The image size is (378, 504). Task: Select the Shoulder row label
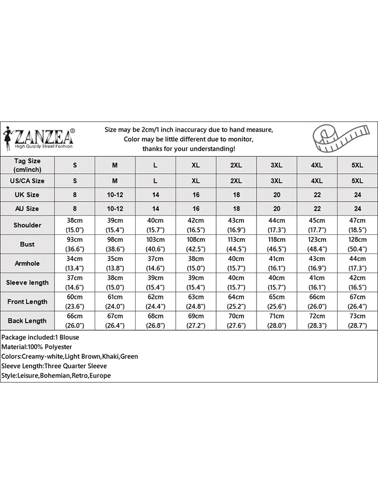coord(27,225)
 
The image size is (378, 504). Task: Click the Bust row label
coord(27,244)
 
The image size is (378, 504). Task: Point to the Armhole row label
coord(27,264)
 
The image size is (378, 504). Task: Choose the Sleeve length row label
coord(27,283)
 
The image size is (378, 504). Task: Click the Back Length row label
coord(27,321)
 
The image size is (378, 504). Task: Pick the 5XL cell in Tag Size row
coord(357,165)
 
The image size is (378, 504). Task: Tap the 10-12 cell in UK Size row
coord(115,195)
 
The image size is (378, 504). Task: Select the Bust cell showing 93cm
coord(75,244)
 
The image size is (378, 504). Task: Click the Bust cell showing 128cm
coord(357,244)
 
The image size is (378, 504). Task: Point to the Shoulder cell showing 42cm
coord(196,225)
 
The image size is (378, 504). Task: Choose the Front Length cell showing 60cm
coord(75,302)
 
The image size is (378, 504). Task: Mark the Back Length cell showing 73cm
coord(357,321)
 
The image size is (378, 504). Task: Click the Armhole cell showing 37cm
coord(155,264)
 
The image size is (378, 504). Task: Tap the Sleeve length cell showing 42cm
coord(357,283)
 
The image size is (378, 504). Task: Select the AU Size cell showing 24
coord(357,209)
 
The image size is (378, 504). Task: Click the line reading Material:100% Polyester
coord(37,347)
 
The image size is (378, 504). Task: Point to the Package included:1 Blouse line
coord(40,337)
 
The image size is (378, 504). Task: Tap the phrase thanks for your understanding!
coord(188,149)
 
